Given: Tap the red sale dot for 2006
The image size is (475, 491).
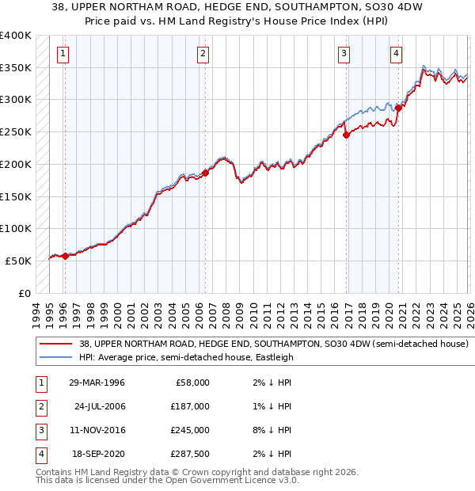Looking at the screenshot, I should [x=205, y=172].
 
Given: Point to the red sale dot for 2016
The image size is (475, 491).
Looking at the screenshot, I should [x=346, y=135].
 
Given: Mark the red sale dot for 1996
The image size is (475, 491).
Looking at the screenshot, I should [x=65, y=255].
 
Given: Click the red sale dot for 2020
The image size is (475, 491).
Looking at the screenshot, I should [x=398, y=108].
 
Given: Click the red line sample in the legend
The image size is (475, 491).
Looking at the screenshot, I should [x=56, y=344].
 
